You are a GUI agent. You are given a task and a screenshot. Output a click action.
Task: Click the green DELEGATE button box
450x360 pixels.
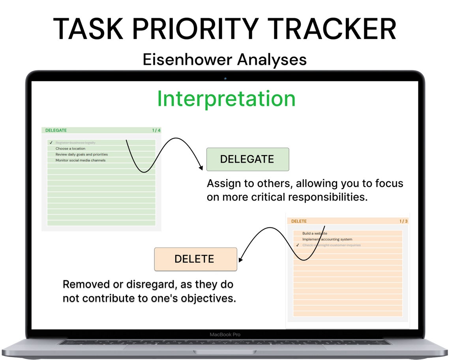[x=247, y=159]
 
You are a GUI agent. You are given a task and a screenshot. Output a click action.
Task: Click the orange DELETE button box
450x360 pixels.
[x=195, y=259]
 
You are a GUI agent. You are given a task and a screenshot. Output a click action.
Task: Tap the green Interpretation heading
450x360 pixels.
[x=226, y=99]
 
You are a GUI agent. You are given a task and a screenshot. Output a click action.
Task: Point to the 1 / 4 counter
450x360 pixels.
[x=156, y=130]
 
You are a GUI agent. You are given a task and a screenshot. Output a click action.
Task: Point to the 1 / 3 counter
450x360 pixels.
[x=403, y=221]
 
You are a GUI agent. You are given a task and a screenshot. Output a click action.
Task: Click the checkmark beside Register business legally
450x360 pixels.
[x=51, y=143]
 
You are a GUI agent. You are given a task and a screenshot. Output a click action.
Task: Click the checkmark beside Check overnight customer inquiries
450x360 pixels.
[x=297, y=245]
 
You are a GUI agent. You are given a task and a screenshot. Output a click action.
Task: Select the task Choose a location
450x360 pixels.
[x=70, y=149]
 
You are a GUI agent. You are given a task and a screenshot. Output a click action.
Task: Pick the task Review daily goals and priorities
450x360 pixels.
[x=81, y=155]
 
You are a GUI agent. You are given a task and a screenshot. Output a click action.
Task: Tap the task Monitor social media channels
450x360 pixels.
[x=80, y=161]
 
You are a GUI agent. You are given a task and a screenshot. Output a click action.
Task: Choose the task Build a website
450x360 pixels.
[x=315, y=233]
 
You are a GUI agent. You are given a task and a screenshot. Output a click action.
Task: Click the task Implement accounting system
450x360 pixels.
[x=327, y=239]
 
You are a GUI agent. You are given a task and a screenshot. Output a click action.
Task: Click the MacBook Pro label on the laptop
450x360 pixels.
[x=225, y=334]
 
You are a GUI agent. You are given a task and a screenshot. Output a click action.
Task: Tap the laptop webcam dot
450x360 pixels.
[x=225, y=79]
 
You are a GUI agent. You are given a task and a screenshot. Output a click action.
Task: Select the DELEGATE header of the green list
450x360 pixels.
[x=56, y=130]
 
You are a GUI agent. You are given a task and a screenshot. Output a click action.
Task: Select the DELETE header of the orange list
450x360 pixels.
[x=299, y=221]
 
